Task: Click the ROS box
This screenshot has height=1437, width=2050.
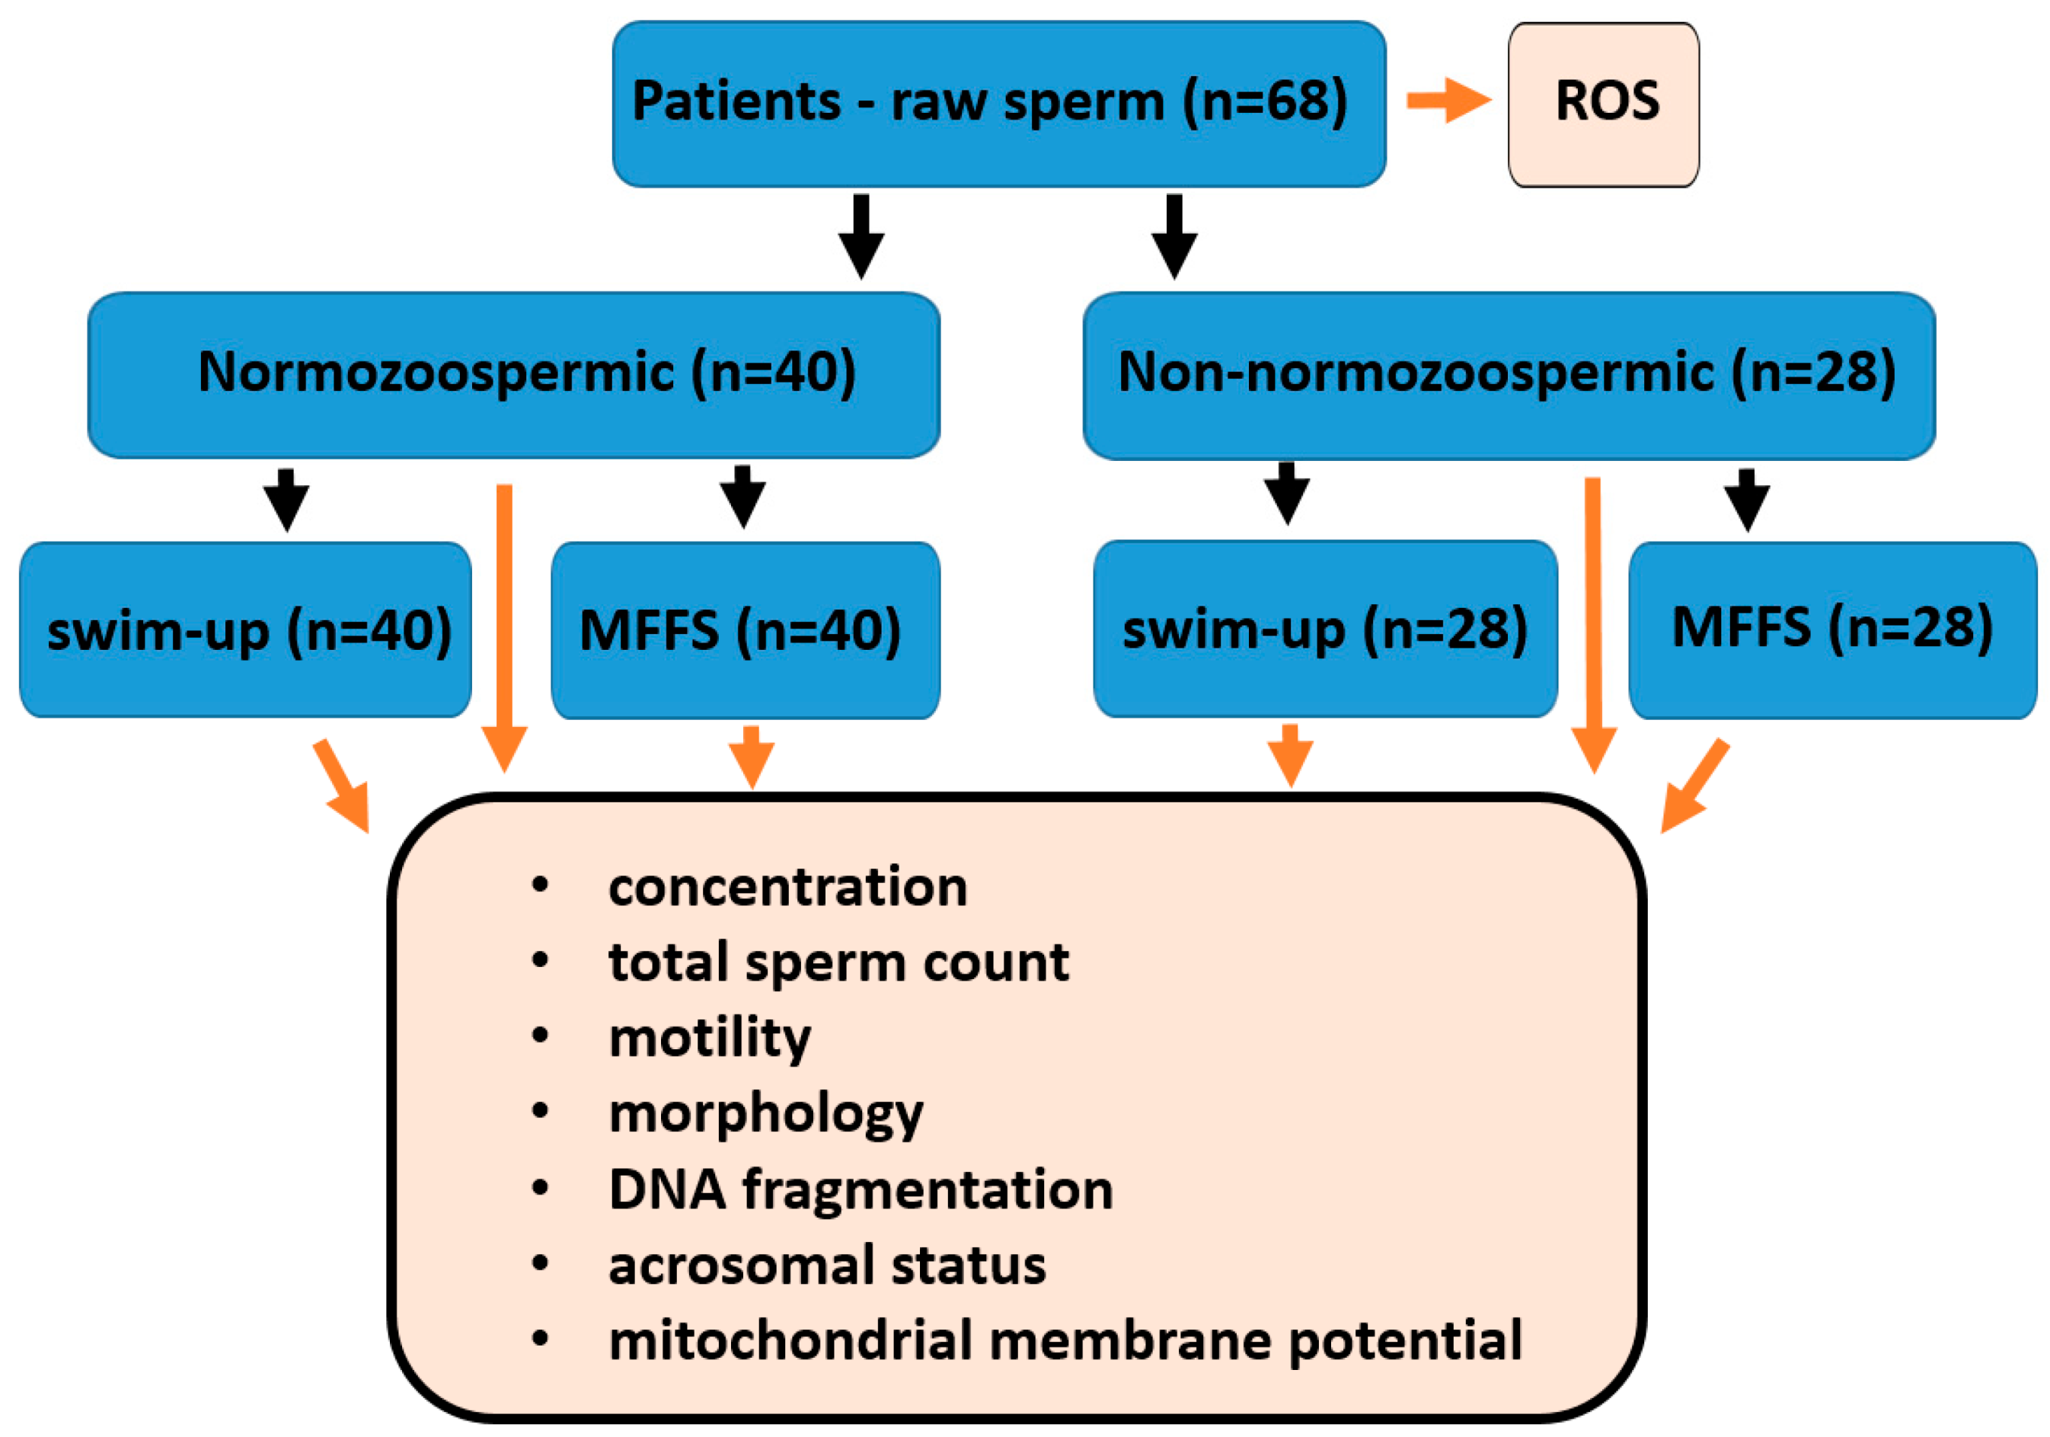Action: [1603, 104]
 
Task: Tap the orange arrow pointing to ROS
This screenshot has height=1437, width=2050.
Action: [1448, 100]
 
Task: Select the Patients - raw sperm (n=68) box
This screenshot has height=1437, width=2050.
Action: [998, 104]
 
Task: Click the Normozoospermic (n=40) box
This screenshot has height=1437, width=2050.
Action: [513, 375]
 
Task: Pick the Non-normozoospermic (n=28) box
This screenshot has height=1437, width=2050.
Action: [1509, 375]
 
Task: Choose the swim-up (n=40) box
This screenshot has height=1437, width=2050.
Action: [245, 629]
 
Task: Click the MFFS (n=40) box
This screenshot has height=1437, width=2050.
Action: [745, 629]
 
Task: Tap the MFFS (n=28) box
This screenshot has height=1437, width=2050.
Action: [1832, 629]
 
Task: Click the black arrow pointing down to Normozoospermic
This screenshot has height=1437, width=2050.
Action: [861, 237]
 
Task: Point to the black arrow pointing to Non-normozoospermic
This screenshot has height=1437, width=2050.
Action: [1174, 237]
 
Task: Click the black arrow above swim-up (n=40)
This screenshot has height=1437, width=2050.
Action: [286, 500]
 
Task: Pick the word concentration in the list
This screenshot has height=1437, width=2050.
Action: [787, 887]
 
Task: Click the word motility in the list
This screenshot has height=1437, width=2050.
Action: [710, 1038]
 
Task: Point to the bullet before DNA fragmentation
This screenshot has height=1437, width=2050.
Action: [539, 1189]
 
